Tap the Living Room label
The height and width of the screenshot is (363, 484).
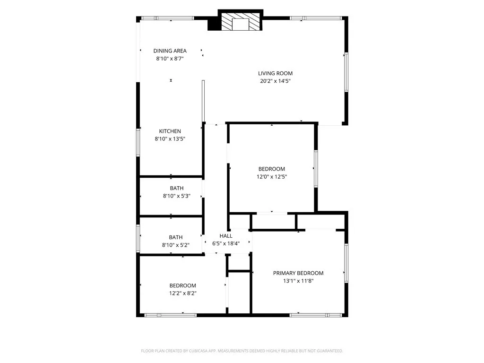click(275, 73)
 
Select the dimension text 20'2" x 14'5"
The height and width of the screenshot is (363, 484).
click(275, 81)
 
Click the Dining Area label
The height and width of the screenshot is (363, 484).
click(170, 51)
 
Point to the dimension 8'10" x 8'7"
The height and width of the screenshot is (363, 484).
click(170, 59)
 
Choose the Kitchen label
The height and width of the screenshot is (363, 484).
click(170, 131)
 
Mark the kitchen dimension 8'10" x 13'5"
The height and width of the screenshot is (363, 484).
click(170, 139)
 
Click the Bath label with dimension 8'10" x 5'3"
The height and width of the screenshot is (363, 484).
click(177, 188)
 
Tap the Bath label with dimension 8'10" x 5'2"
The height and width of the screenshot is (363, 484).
click(176, 237)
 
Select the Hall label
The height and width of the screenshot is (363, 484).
click(226, 236)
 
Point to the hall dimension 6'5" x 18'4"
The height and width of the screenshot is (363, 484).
click(226, 244)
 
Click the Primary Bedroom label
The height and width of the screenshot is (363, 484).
click(298, 273)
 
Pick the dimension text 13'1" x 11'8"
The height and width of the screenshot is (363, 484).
click(298, 281)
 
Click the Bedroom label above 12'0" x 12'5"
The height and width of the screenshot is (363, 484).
click(272, 169)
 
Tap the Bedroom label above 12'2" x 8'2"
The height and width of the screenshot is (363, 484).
click(183, 285)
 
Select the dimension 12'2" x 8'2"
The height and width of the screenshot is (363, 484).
click(183, 293)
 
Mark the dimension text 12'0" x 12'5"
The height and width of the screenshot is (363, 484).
click(272, 177)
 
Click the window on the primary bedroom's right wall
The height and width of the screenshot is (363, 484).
click(346, 262)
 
